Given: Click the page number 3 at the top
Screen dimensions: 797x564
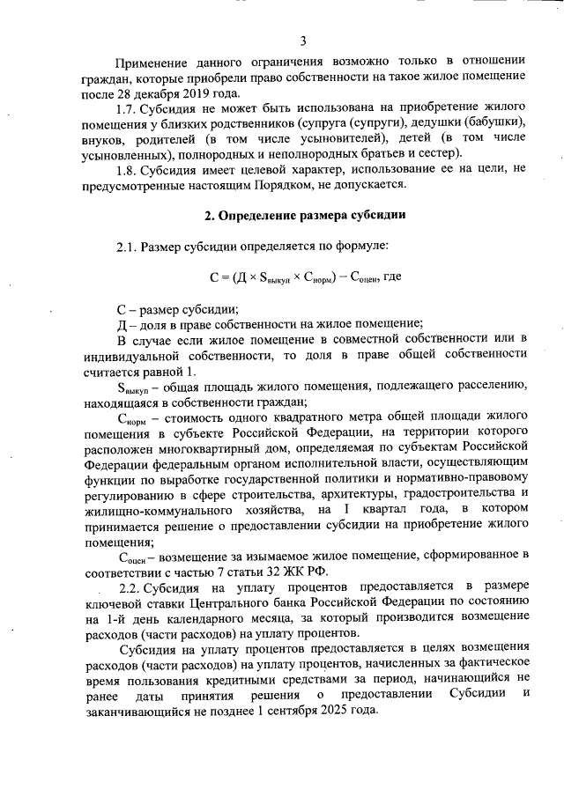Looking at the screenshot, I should tap(302, 41).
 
